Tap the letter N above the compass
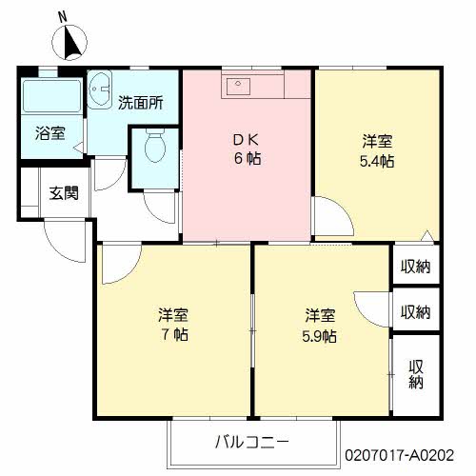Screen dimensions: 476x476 [x=63, y=16]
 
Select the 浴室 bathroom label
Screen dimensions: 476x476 [x=50, y=134]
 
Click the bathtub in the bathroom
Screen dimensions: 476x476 [x=51, y=97]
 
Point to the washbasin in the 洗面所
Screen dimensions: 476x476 [x=100, y=91]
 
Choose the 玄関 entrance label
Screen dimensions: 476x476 [x=64, y=191]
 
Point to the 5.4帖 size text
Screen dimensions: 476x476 [x=378, y=161]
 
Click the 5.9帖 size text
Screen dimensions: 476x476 [x=320, y=335]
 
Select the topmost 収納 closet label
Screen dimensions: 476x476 [x=415, y=267]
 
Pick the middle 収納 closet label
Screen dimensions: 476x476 [x=415, y=311]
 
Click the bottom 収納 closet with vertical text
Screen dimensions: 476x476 [x=416, y=374]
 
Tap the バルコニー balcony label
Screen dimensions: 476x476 [x=251, y=442]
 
